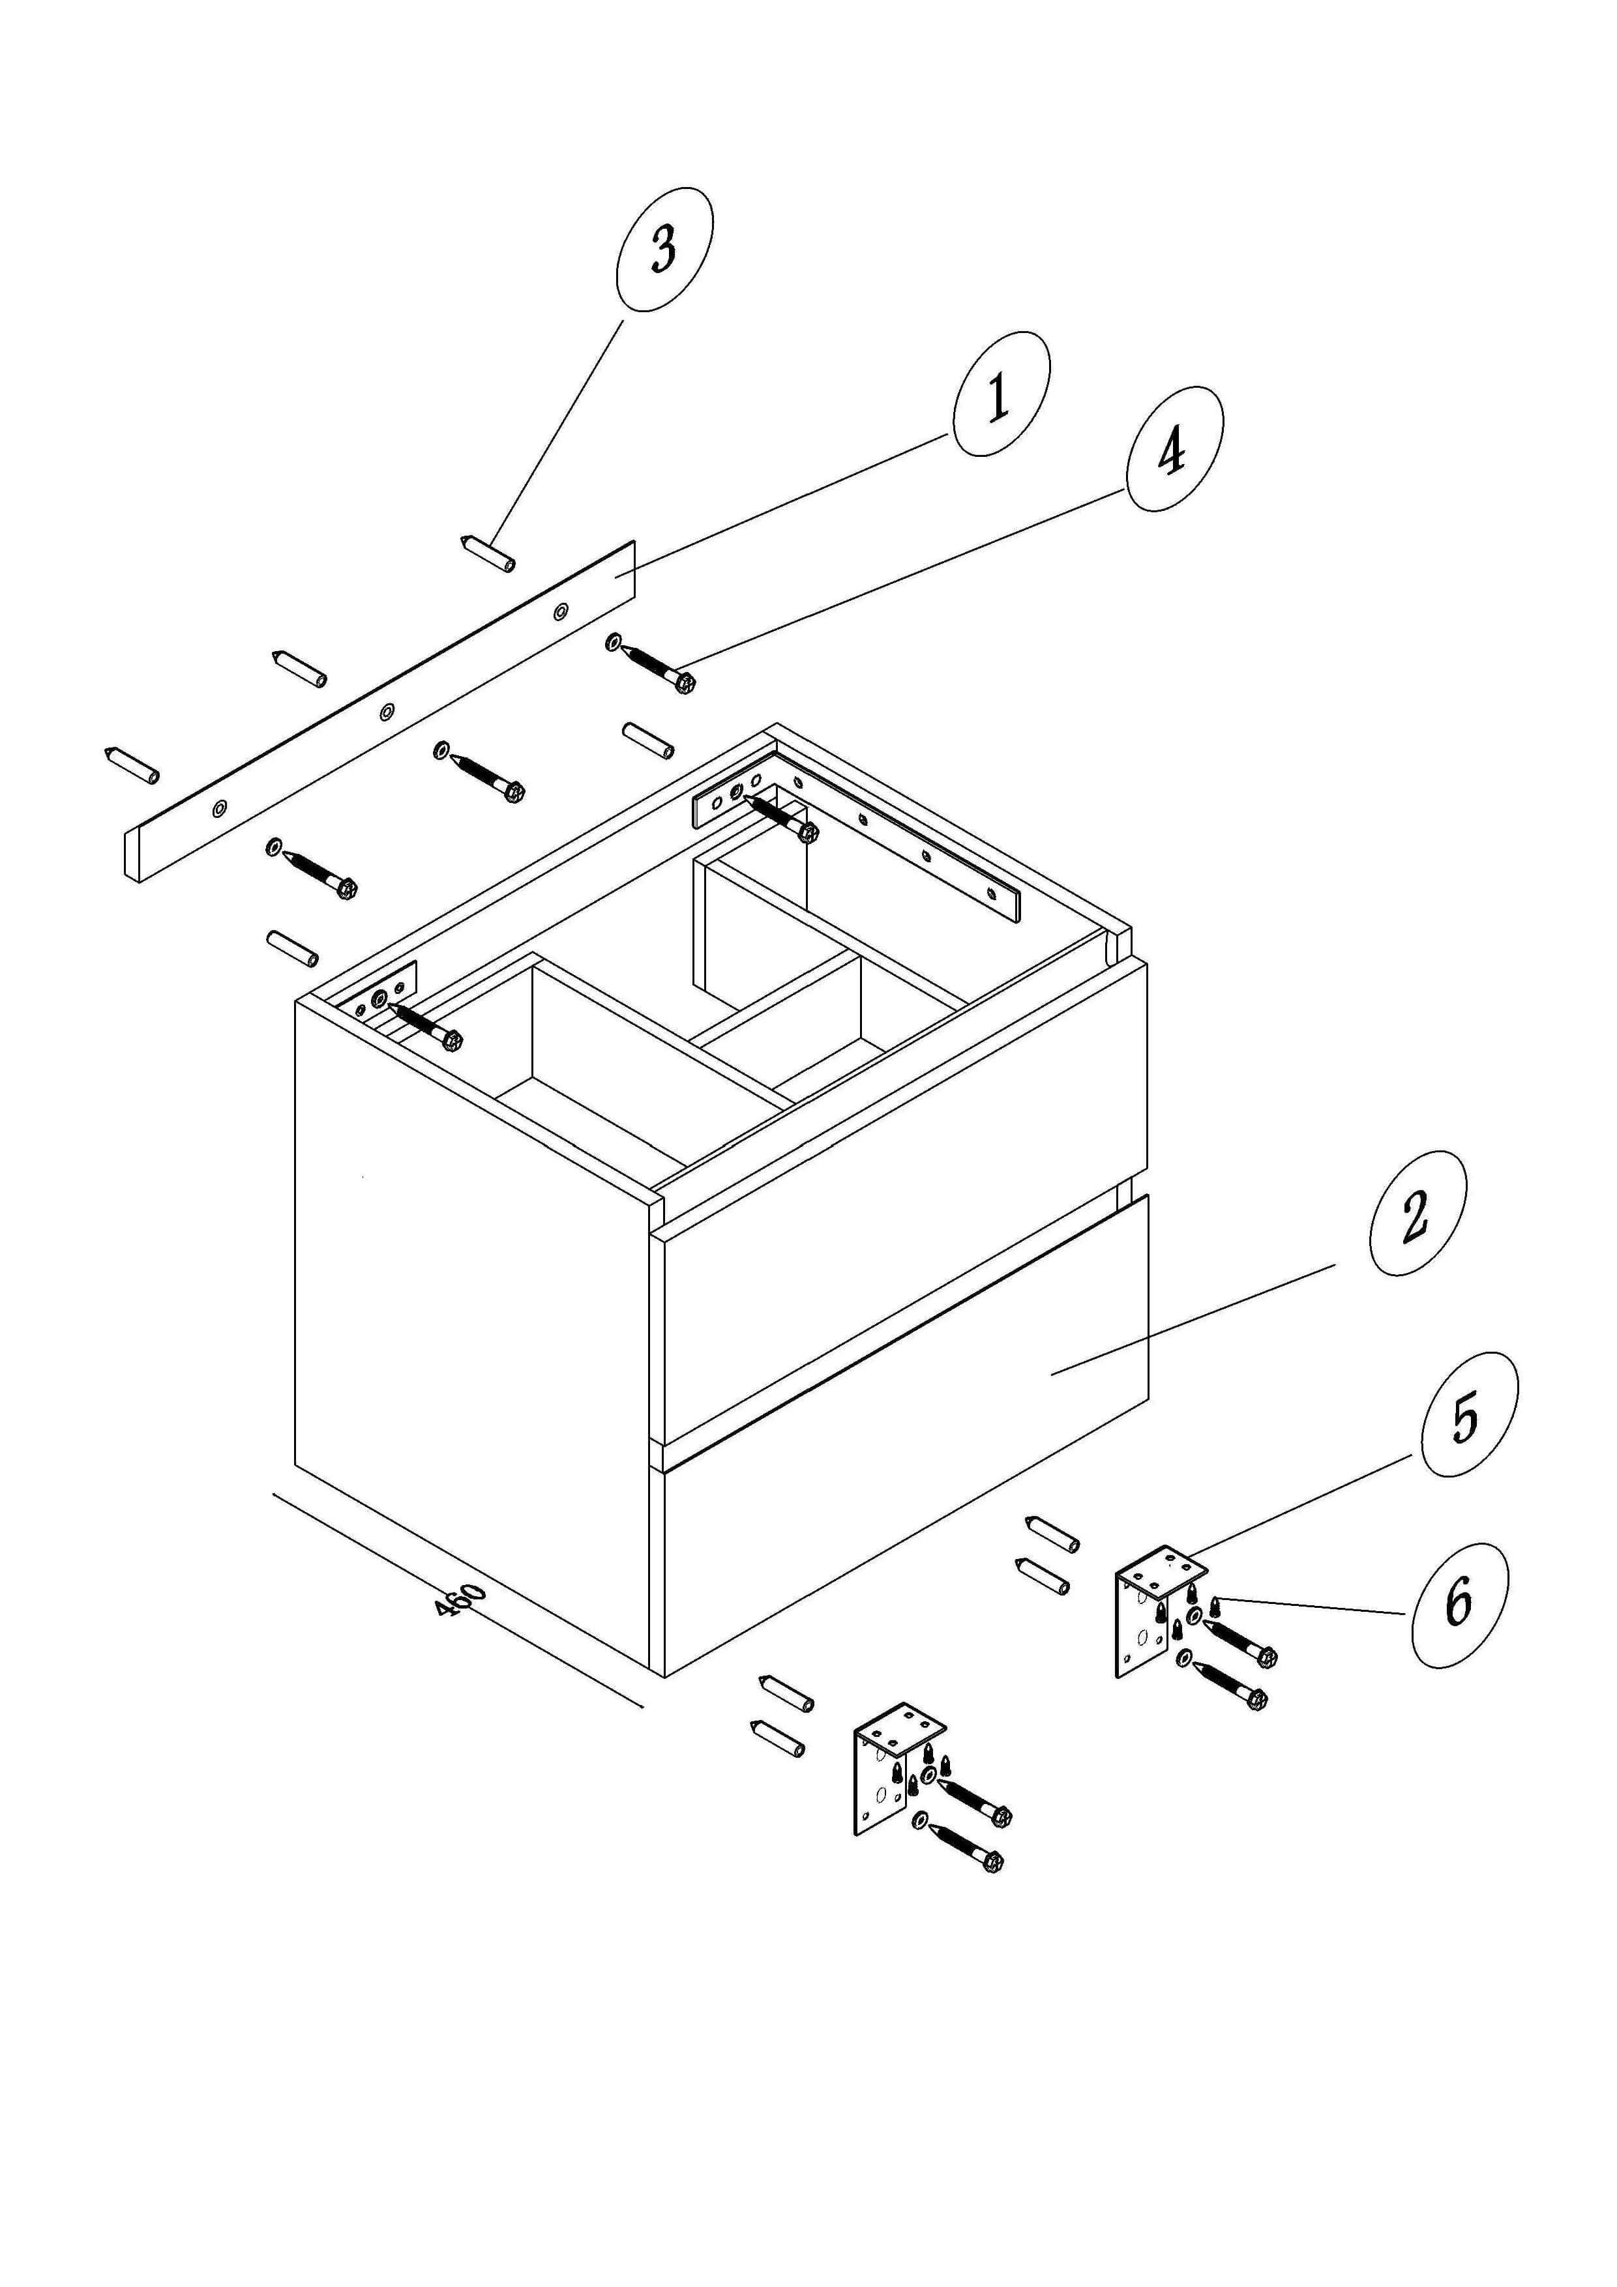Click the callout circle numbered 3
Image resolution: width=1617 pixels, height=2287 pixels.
pyautogui.click(x=664, y=248)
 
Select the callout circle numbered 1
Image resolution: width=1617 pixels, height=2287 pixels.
pyautogui.click(x=1000, y=394)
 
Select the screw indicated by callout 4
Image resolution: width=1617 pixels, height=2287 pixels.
pyautogui.click(x=659, y=665)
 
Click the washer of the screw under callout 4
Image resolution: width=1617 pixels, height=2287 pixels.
pyautogui.click(x=614, y=641)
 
